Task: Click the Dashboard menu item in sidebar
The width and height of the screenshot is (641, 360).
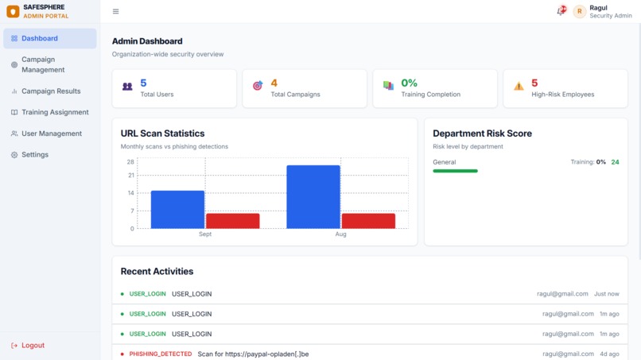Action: (x=50, y=38)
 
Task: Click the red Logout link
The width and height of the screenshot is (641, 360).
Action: (x=28, y=345)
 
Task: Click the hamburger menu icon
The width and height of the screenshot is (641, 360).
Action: (x=115, y=11)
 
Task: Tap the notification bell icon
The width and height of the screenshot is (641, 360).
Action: (x=561, y=10)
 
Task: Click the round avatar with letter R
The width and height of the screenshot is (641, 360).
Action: (x=579, y=11)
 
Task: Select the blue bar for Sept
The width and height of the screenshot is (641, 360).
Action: (x=177, y=210)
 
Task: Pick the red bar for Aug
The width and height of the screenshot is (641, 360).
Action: (x=368, y=221)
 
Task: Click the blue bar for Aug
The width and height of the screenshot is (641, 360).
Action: (x=313, y=197)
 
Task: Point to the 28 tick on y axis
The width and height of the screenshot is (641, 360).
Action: (x=130, y=162)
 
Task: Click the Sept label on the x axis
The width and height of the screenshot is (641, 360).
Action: (x=205, y=234)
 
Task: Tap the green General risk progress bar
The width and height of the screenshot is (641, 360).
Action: (x=456, y=171)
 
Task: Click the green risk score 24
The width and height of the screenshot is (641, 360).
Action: (x=615, y=162)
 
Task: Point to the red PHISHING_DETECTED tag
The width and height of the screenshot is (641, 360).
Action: (x=161, y=354)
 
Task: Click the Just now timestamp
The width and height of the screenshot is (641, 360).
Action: (x=607, y=294)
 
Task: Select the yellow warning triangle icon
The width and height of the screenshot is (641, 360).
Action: (x=519, y=86)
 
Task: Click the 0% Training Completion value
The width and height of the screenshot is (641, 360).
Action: (x=410, y=83)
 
